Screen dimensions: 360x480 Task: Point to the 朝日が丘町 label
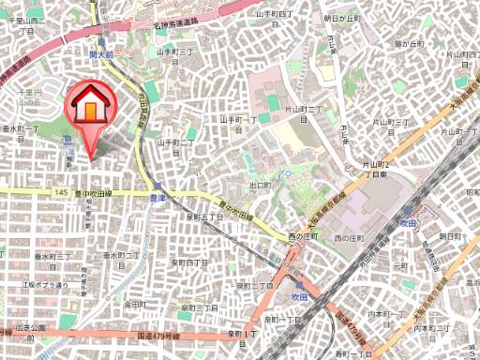point(340,18)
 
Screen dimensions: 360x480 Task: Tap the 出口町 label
point(260,186)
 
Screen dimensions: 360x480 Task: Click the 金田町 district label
point(134,305)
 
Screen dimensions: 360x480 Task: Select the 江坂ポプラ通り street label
point(46,284)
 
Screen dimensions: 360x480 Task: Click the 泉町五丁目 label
point(204,216)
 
